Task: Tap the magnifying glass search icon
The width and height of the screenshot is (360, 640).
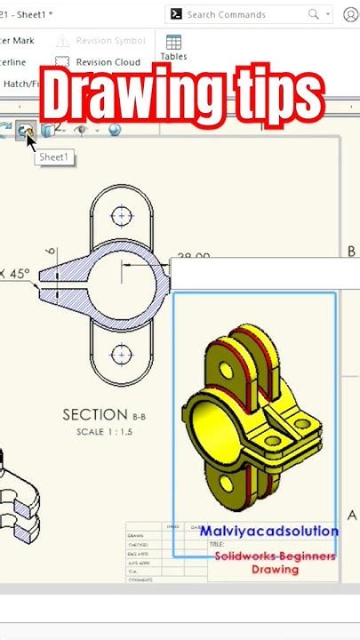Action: (x=313, y=14)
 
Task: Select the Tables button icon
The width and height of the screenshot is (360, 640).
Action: (x=173, y=43)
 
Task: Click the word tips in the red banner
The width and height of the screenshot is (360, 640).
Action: (x=276, y=94)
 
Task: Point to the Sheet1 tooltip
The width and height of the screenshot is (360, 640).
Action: (x=54, y=157)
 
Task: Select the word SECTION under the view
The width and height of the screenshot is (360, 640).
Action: (x=95, y=414)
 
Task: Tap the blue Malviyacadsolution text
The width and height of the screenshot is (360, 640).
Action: (x=268, y=532)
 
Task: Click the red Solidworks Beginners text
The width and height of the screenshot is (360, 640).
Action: (x=275, y=556)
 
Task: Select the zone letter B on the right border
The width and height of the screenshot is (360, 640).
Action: (x=351, y=252)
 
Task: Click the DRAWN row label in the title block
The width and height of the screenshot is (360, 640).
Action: (x=136, y=536)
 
